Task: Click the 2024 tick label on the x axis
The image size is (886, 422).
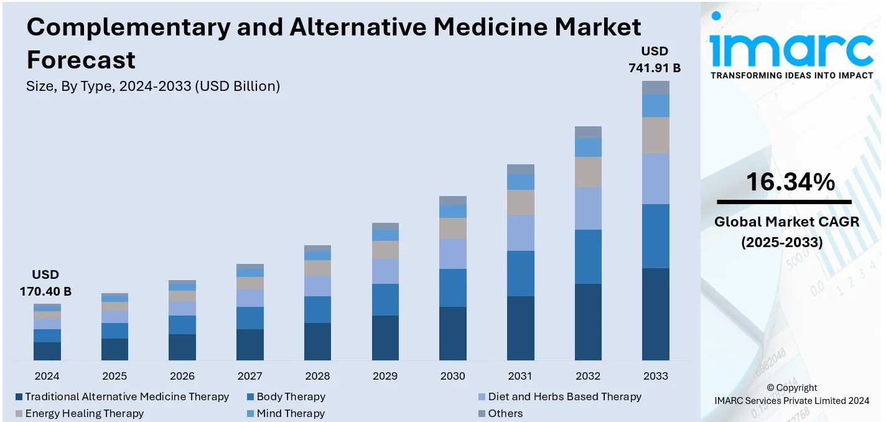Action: [x=47, y=376]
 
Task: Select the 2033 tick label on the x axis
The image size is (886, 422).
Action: [x=655, y=376]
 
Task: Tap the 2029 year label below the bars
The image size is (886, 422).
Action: [x=385, y=376]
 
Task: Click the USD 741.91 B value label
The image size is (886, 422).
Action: [x=655, y=60]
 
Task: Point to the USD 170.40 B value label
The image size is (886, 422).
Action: [x=45, y=283]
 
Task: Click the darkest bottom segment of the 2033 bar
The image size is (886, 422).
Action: [x=656, y=314]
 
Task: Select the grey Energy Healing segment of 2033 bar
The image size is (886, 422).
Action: [x=656, y=136]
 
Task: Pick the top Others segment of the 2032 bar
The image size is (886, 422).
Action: [x=588, y=132]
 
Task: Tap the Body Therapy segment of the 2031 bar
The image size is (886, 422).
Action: [x=521, y=273]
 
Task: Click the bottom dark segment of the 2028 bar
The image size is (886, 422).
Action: [x=317, y=341]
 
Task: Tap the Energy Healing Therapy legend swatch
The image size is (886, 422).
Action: [x=19, y=414]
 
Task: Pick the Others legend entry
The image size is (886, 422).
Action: [x=505, y=413]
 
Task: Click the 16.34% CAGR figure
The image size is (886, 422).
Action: [x=790, y=182]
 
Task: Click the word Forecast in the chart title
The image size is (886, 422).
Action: [x=81, y=60]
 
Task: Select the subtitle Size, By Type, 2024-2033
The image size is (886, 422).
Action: [x=153, y=87]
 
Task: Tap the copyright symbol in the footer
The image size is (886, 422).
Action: [x=771, y=388]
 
